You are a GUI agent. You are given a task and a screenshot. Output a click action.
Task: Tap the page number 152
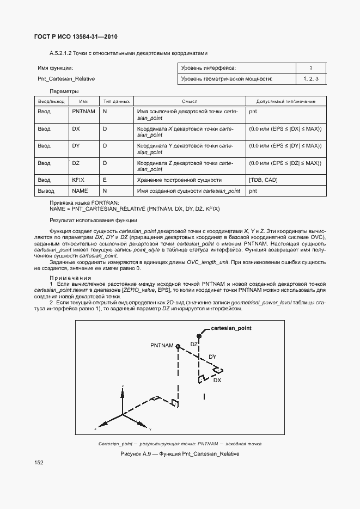pos(39,462)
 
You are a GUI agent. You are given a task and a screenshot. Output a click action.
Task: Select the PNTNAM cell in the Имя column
pos(83,111)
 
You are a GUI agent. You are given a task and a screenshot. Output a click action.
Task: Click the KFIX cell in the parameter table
pos(78,180)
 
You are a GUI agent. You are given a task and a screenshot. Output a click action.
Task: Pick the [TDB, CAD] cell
pos(264,180)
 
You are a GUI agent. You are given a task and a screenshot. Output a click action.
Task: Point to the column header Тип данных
pos(117,101)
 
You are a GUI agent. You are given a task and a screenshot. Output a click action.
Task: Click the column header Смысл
pos(189,101)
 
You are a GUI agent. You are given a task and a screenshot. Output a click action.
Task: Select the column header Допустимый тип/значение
pos(285,101)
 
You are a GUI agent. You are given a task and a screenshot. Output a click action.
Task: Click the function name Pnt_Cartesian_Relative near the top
pos(66,79)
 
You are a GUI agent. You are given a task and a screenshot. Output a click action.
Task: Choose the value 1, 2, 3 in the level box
pos(310,79)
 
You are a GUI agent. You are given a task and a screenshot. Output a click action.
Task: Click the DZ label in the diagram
pos(194,344)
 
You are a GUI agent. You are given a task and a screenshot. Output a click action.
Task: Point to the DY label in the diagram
pos(212,357)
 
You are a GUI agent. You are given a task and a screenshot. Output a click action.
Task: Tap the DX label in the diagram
pos(217,380)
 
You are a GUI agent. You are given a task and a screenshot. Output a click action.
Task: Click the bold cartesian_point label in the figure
pos(231,329)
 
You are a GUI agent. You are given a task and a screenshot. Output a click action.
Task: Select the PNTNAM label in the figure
pos(162,346)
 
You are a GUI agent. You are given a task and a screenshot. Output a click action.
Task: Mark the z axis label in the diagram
pos(123,386)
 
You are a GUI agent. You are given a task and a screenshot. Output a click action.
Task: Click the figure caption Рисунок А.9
pos(180,453)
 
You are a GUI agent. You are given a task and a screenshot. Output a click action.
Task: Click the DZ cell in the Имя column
pos(76,163)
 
